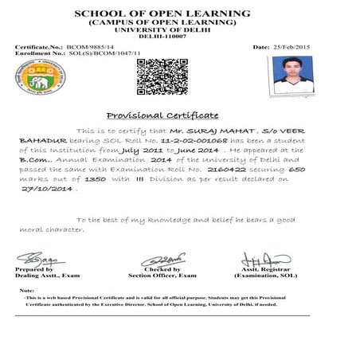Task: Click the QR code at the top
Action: tap(151, 76)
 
